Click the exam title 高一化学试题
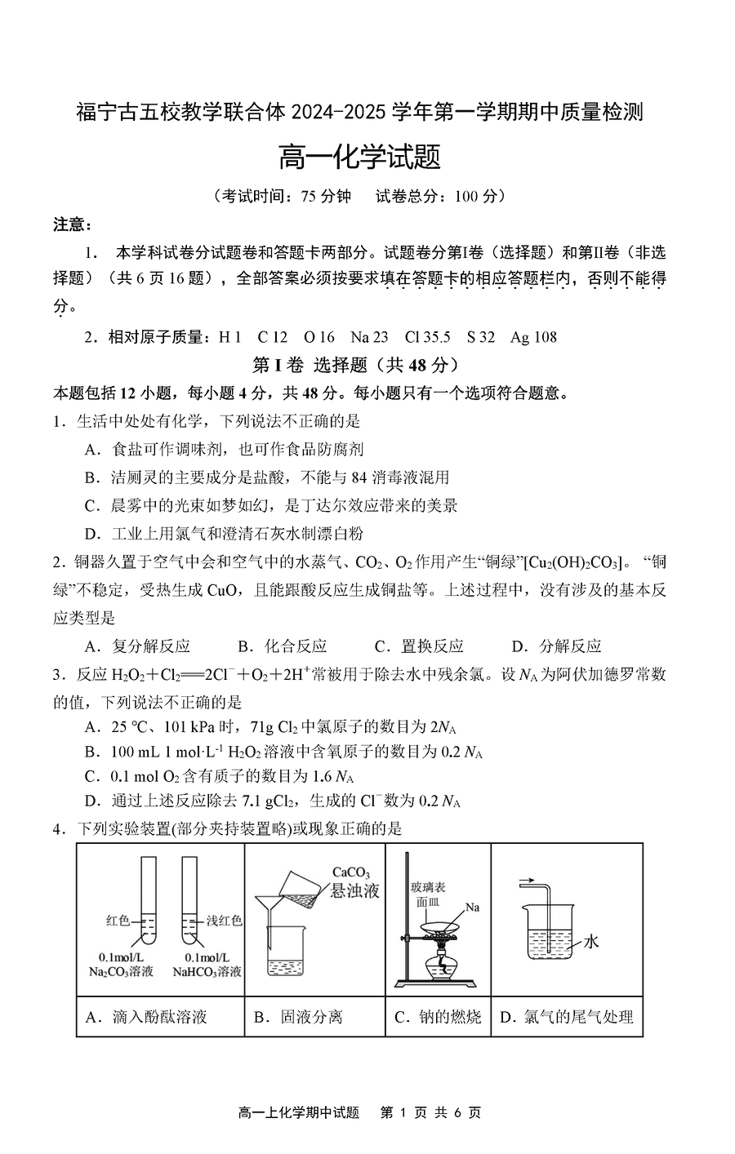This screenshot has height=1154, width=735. point(359,157)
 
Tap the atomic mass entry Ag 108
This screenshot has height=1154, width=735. point(533,337)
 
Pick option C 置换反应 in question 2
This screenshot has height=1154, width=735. point(419,646)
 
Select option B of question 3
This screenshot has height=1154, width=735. point(283,752)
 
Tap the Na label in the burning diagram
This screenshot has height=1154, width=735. point(472,907)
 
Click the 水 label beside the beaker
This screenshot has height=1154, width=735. point(591,942)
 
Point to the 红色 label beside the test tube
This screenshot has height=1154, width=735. point(118,921)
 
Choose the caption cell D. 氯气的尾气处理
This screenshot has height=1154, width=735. point(566,1017)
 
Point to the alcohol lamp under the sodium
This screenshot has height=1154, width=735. point(443,963)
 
